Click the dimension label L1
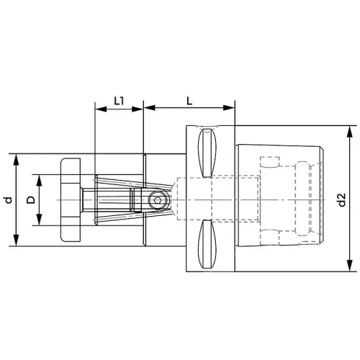tap(119, 101)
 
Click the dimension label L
tap(189, 102)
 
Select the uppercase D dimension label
tap(31, 199)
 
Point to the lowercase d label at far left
tap(9, 199)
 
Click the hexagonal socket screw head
tap(157, 199)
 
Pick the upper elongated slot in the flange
tap(207, 153)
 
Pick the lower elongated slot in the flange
tap(207, 244)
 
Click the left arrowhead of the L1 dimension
tap(101, 109)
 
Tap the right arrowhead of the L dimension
tap(228, 107)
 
